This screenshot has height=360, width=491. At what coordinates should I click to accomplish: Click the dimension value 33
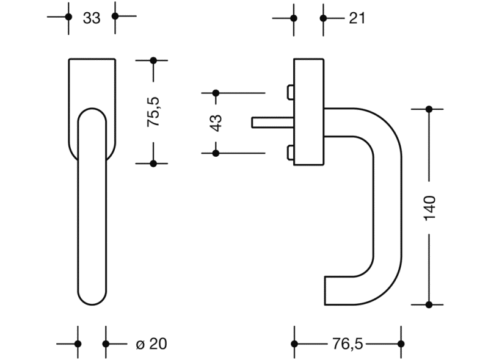click(x=92, y=18)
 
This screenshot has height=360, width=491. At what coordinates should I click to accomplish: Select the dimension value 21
click(x=357, y=18)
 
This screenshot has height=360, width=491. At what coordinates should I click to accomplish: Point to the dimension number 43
click(x=216, y=123)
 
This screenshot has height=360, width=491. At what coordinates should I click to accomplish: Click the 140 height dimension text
click(x=429, y=208)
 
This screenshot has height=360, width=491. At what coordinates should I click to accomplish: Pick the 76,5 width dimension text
click(x=347, y=345)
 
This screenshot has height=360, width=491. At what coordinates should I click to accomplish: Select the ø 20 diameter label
click(x=151, y=345)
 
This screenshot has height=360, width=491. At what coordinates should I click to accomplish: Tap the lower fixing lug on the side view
click(x=289, y=153)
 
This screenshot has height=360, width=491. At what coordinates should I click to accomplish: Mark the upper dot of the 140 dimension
click(x=429, y=109)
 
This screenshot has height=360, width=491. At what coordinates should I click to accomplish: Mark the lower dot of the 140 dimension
click(x=429, y=304)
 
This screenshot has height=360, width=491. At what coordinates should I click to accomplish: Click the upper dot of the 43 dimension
click(x=216, y=93)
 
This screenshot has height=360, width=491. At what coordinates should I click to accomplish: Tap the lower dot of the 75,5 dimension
click(x=154, y=163)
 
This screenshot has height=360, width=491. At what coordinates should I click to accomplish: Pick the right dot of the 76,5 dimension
click(x=401, y=345)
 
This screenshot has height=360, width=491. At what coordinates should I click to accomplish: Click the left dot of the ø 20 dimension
click(x=78, y=344)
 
